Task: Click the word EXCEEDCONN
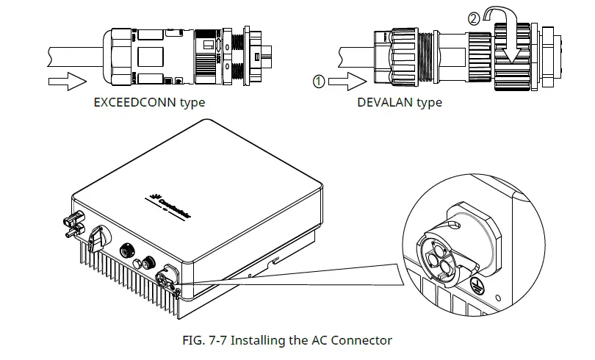tap(135, 102)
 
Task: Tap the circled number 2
tap(474, 17)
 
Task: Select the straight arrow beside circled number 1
tap(347, 82)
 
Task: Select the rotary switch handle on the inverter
tap(96, 236)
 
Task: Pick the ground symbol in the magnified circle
tap(481, 287)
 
